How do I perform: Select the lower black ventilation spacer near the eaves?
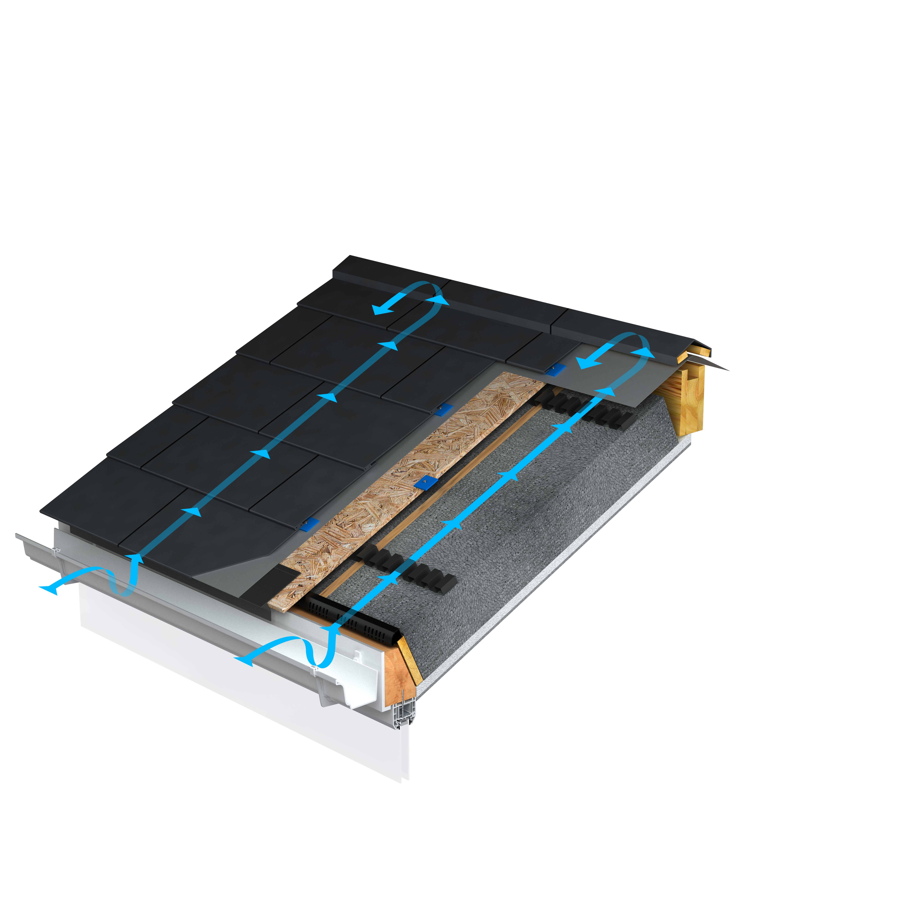click(x=406, y=570)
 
